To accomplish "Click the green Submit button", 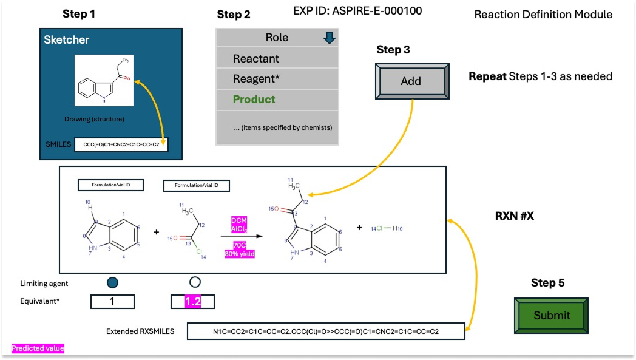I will (552, 315).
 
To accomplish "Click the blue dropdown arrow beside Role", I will (329, 38).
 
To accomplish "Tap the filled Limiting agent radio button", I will (112, 282).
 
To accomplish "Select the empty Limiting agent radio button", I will (195, 282).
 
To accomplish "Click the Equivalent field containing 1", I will (112, 301).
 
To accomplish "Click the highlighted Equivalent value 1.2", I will (192, 301).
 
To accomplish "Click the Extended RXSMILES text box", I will (326, 331).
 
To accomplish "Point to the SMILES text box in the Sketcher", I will (121, 144).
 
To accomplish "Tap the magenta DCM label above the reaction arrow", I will (238, 219).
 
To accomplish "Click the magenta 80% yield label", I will (239, 254).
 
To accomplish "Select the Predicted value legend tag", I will (38, 348).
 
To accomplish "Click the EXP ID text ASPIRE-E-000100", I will (357, 11).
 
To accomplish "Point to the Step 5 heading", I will (548, 283).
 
